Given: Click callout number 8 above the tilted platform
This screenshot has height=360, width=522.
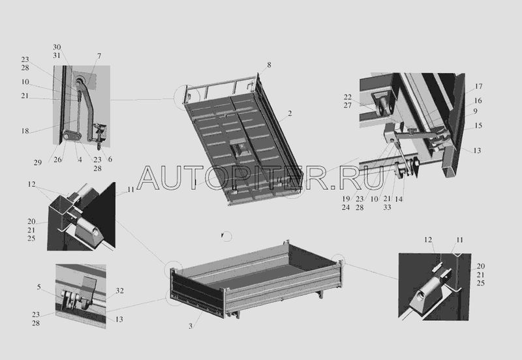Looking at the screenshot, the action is click(x=269, y=65).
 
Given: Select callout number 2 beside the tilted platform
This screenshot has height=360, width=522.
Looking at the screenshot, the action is click(x=290, y=113).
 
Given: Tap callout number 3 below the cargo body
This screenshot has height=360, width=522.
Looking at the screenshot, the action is click(x=191, y=326).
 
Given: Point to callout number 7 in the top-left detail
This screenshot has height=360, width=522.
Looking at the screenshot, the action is click(x=99, y=56).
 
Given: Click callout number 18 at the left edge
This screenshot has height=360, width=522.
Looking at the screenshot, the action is click(x=25, y=130).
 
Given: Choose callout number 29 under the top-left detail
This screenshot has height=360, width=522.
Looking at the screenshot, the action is click(x=38, y=162).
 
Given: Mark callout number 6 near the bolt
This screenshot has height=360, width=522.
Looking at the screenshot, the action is click(x=110, y=159).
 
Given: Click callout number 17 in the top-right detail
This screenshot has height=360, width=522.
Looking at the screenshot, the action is click(x=478, y=86).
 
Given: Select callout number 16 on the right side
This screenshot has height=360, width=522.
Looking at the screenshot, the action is click(x=478, y=100).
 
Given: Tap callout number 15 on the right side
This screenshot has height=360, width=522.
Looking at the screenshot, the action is click(x=478, y=125).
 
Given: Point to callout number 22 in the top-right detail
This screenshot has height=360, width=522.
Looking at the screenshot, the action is click(x=348, y=97).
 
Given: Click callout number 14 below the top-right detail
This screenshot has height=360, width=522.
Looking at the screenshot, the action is click(x=399, y=199).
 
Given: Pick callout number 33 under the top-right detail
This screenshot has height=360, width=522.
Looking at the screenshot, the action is click(x=387, y=207).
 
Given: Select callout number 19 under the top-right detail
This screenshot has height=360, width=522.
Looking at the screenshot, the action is click(x=346, y=199).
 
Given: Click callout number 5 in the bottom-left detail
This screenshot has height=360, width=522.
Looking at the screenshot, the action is click(x=39, y=287).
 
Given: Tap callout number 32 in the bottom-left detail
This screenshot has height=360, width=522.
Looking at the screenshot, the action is click(x=119, y=290).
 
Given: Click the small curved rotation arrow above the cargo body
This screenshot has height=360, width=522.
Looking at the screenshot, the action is click(x=227, y=236).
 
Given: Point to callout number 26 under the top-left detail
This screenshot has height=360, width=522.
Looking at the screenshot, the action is click(x=57, y=159).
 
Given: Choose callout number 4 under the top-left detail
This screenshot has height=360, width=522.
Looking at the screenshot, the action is click(x=80, y=160).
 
